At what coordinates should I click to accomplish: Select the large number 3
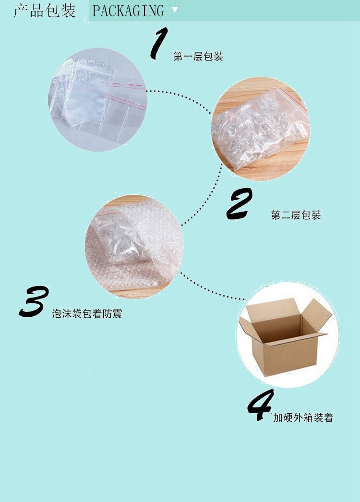[x=35, y=302]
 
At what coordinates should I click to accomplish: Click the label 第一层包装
[x=198, y=57]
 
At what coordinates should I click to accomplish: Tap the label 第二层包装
[x=296, y=215]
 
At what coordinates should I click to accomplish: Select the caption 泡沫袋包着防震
[x=87, y=314]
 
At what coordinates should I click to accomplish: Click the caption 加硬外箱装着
[x=303, y=418]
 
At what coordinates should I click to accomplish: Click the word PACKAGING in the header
[x=128, y=11]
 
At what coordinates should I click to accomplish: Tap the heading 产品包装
[x=44, y=11]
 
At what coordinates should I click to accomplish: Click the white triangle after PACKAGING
[x=175, y=10]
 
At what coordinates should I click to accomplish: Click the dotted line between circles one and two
[x=180, y=96]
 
